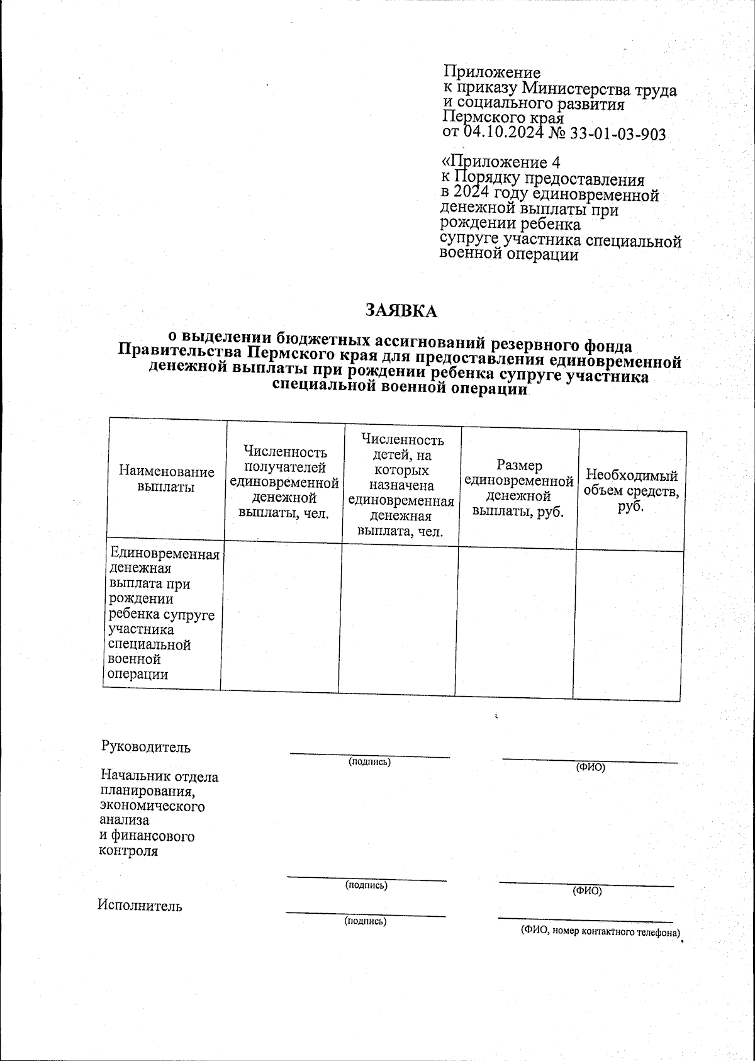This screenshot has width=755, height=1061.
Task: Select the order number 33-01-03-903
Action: click(617, 134)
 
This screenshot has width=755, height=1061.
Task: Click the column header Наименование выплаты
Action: click(167, 480)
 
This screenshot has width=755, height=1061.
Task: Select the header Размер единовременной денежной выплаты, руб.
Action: click(518, 488)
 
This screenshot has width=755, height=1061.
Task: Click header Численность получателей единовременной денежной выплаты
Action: click(284, 482)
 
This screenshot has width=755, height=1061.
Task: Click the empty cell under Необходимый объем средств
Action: click(628, 624)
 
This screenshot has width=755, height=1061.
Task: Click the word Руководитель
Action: click(145, 747)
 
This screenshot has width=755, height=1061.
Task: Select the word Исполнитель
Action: click(140, 906)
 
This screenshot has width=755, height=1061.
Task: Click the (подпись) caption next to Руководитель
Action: click(370, 762)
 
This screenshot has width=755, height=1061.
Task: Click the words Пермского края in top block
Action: click(503, 118)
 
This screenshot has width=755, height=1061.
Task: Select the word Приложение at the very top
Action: click(492, 73)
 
